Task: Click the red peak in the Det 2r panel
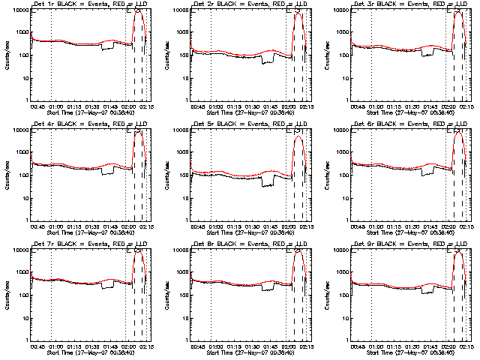[298, 14]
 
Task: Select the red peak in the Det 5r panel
[298, 136]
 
